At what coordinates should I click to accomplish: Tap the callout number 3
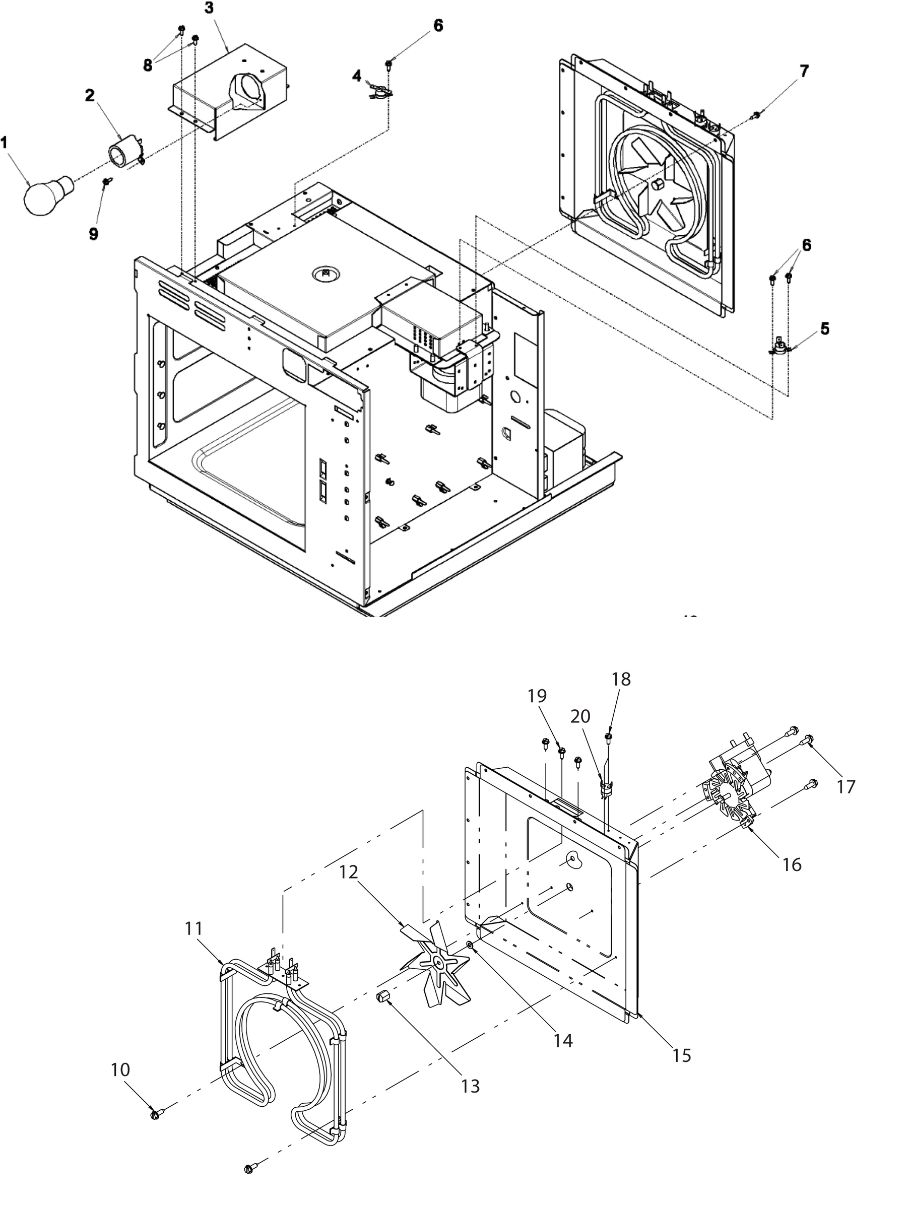(210, 9)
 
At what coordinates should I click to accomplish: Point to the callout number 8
(148, 65)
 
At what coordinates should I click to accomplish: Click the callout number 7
(804, 71)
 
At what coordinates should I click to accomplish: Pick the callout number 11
(194, 927)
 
